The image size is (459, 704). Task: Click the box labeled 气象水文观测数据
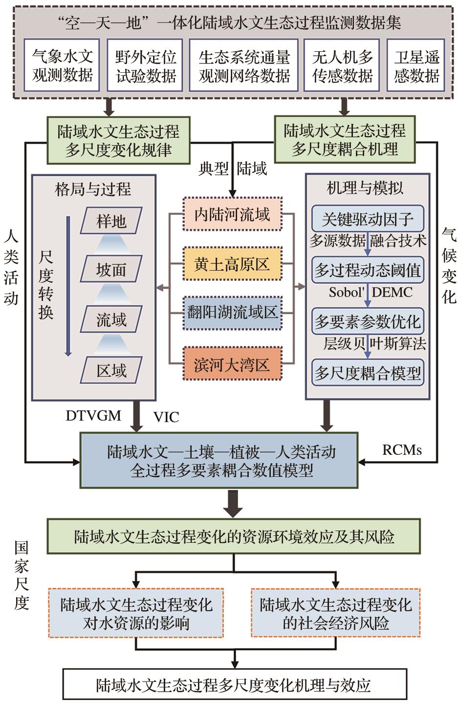pyautogui.click(x=62, y=66)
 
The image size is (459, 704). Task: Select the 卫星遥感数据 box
pyautogui.click(x=416, y=66)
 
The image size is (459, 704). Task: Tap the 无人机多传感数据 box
pyautogui.click(x=342, y=66)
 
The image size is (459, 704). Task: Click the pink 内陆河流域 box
pyautogui.click(x=232, y=214)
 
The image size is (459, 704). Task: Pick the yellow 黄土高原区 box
pyautogui.click(x=232, y=264)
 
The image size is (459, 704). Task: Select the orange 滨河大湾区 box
pyautogui.click(x=232, y=364)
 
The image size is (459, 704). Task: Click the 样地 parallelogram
pyautogui.click(x=111, y=221)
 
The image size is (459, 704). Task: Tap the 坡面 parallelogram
pyautogui.click(x=111, y=269)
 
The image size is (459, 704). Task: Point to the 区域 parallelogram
pyautogui.click(x=111, y=370)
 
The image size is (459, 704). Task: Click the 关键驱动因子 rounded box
pyautogui.click(x=367, y=218)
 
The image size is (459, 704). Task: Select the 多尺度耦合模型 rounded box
pyautogui.click(x=367, y=374)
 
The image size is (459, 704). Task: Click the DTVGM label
pyautogui.click(x=93, y=416)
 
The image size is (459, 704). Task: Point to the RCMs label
pyautogui.click(x=402, y=449)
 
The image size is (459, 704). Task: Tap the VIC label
pyautogui.click(x=166, y=417)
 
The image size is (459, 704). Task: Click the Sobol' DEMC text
pyautogui.click(x=370, y=292)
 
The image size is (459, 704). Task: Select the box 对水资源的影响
pyautogui.click(x=136, y=613)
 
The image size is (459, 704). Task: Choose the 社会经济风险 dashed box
pyautogui.click(x=335, y=613)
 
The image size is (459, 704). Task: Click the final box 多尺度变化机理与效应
pyautogui.click(x=234, y=685)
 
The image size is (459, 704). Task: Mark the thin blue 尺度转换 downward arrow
pyautogui.click(x=68, y=286)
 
